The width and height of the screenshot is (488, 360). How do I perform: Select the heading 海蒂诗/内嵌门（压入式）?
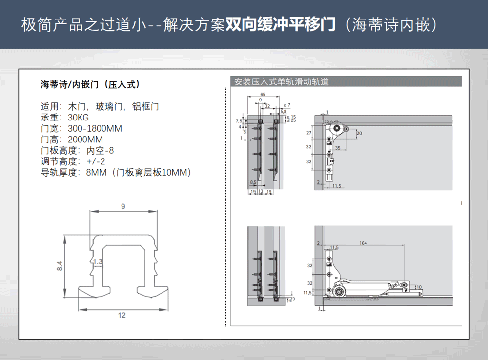coord(90,84)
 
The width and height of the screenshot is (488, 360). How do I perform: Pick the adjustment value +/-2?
coord(96,161)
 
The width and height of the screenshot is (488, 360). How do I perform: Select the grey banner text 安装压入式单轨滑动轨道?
coord(281,82)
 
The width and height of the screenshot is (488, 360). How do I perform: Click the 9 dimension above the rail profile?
coord(123,207)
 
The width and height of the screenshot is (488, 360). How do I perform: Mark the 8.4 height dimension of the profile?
coord(60,266)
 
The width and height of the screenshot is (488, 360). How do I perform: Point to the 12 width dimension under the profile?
coord(122,315)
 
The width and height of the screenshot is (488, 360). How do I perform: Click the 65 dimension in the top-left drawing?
coord(263,94)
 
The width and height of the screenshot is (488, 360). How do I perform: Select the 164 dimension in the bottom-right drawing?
coord(363,243)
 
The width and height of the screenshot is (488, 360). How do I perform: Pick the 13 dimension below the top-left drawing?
coord(261,192)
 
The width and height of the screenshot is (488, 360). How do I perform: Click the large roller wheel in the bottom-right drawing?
coord(338,292)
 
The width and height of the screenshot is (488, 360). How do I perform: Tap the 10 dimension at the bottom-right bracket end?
coord(418,287)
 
